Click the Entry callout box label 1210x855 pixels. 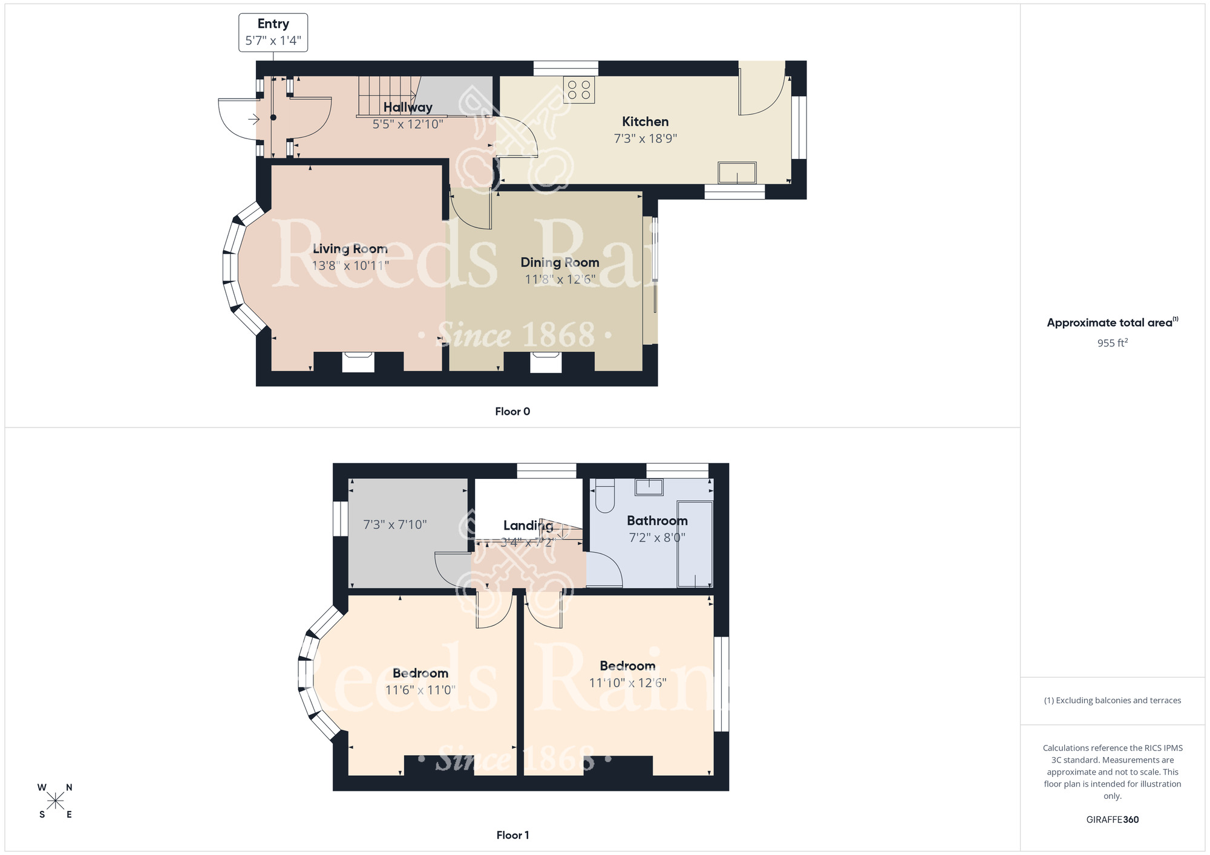[x=273, y=24]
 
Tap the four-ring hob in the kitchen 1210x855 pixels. [x=578, y=89]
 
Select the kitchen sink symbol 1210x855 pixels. [x=737, y=173]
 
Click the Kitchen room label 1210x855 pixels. [x=645, y=122]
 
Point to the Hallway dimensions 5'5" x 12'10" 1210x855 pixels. [x=407, y=125]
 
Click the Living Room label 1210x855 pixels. [x=350, y=249]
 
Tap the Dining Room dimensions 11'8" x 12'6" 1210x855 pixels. [x=560, y=279]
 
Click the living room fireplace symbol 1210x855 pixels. [x=358, y=362]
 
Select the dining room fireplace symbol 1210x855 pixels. [x=546, y=362]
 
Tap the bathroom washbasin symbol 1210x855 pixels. [x=649, y=487]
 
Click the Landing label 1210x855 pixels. [x=528, y=525]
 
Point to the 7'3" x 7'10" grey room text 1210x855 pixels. [x=394, y=525]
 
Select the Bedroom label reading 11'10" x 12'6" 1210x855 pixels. [x=627, y=666]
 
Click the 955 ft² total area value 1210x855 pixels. [x=1112, y=343]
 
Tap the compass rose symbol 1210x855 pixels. [x=55, y=801]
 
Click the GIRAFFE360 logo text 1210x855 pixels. [x=1112, y=820]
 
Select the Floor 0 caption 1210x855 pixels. [x=512, y=412]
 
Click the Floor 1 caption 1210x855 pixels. [x=512, y=835]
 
